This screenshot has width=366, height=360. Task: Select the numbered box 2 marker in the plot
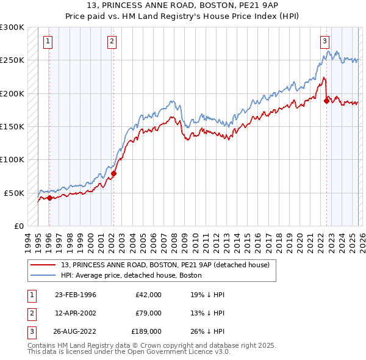click(112, 41)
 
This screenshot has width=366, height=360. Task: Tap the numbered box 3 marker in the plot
click(325, 41)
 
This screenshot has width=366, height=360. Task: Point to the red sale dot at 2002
click(113, 173)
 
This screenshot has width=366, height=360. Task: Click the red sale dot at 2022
click(326, 101)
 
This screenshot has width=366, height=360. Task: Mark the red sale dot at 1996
click(49, 198)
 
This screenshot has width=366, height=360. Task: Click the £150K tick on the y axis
click(12, 126)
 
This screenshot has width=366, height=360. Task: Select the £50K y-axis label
click(15, 192)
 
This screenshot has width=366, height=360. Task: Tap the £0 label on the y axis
click(18, 225)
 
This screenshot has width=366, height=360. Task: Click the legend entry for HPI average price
click(132, 275)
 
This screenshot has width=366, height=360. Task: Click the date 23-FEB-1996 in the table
click(76, 295)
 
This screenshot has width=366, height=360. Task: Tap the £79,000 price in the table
click(146, 313)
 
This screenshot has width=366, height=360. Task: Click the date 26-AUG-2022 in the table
click(76, 331)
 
